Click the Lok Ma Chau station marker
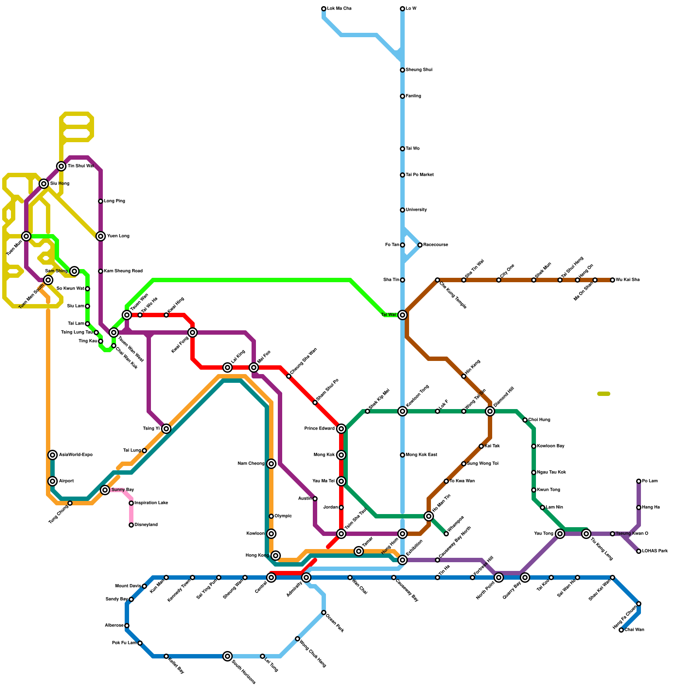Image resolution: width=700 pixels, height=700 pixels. [x=324, y=9]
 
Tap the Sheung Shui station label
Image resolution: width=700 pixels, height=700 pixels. [x=419, y=70]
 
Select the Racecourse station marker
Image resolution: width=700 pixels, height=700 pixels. [x=420, y=245]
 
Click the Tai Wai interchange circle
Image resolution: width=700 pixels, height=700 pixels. [x=402, y=315]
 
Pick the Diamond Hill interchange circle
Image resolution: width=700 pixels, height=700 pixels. [x=490, y=411]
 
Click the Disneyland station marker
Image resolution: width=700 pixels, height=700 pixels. [x=131, y=525]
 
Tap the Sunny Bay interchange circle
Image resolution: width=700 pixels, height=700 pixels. [x=105, y=490]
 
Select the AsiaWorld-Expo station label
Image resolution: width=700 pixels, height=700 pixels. [x=76, y=455]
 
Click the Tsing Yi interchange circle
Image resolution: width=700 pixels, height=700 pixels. [x=166, y=429]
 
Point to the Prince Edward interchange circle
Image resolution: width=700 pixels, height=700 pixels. [x=341, y=429]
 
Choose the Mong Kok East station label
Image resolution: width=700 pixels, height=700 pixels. [x=421, y=455]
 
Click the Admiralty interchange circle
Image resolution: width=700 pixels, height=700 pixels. [x=306, y=577]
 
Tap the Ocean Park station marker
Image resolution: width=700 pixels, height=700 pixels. [x=324, y=612]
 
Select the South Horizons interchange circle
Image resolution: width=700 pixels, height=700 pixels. [x=227, y=656]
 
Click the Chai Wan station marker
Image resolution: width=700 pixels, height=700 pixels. [x=621, y=630]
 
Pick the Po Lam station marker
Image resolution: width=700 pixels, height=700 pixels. [x=639, y=481]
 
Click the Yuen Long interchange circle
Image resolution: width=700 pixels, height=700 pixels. [x=101, y=236]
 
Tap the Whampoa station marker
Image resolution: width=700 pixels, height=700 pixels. [x=446, y=534]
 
